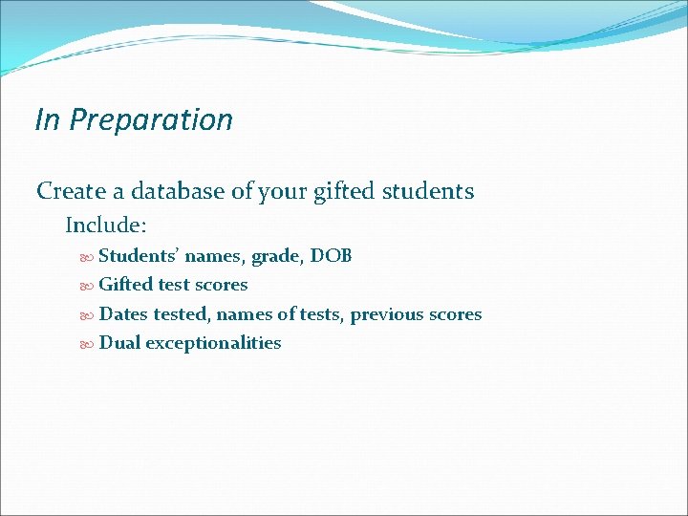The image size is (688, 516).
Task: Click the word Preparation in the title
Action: tap(152, 120)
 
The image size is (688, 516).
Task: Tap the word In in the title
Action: tap(46, 120)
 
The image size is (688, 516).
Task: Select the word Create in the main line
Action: tap(71, 191)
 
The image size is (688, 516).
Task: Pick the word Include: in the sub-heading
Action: tap(106, 226)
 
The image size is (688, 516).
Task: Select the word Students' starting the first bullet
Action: tap(139, 256)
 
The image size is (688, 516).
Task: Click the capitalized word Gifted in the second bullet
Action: tap(125, 285)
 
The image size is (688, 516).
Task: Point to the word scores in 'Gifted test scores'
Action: tap(221, 285)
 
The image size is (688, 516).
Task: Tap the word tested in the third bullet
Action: tap(180, 314)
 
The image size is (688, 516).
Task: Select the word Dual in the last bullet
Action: tap(119, 343)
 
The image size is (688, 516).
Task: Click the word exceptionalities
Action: tap(213, 343)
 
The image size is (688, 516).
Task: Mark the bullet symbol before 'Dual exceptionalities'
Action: tap(88, 344)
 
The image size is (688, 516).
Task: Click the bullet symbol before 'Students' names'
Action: tap(88, 257)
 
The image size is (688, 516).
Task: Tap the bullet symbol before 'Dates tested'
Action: tap(88, 315)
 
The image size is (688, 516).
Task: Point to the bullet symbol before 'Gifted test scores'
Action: tap(88, 286)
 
